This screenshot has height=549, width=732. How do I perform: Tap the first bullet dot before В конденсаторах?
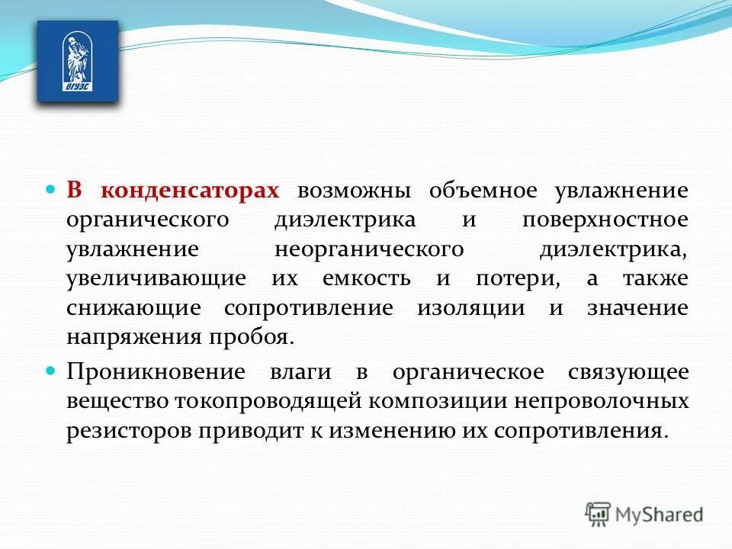point(52,188)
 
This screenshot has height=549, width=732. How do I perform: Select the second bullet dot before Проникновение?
point(52,371)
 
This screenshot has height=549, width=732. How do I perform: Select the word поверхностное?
point(605,220)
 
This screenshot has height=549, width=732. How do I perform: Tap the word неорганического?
point(369,249)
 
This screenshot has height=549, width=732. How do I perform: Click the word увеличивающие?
point(156,279)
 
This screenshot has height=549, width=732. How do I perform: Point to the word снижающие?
point(133,308)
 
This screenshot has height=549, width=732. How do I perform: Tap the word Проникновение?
point(156,372)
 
